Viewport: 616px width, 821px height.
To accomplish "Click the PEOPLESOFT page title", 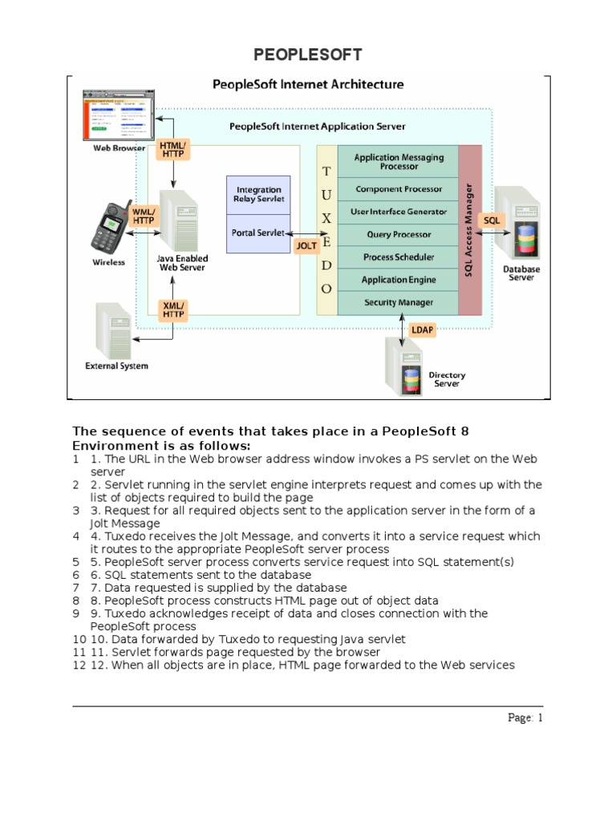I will tap(308, 55).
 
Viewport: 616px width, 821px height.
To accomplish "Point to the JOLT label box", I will tap(306, 246).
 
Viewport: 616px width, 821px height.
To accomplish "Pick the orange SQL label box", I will tap(491, 219).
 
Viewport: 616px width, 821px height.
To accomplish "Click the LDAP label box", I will tap(422, 330).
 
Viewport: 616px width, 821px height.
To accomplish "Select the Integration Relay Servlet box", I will tap(259, 195).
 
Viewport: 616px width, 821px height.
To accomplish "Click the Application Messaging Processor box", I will tap(399, 162).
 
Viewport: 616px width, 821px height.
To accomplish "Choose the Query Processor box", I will tap(399, 234).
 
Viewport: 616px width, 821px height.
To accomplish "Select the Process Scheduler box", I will tap(399, 257).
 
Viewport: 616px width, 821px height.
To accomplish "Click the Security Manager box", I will tap(399, 302).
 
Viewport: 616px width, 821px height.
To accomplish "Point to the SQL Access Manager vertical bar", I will tap(470, 231).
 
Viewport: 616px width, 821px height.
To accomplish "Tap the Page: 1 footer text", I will tap(525, 718).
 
